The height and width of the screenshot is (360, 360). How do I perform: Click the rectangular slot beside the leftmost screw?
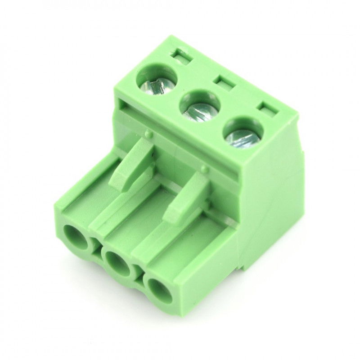point(181,56)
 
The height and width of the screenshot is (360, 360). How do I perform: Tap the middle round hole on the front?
point(117,261)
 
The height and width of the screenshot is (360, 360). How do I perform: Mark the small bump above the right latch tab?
point(205,170)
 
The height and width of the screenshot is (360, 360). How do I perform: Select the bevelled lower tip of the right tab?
point(173,215)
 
